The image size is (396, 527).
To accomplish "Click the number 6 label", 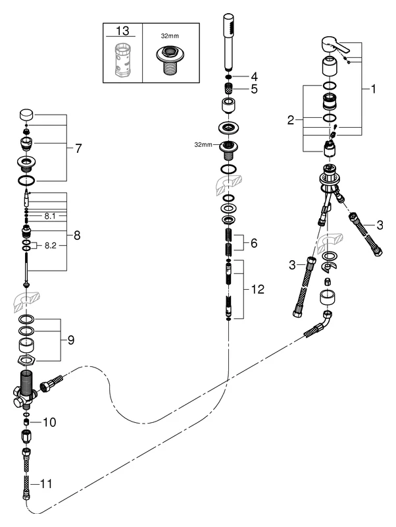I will (255, 243).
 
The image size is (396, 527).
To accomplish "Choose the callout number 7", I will (78, 148).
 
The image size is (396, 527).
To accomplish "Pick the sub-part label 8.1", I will (49, 215).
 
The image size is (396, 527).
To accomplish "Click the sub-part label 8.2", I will (50, 246).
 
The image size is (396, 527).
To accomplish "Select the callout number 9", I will (70, 340).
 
